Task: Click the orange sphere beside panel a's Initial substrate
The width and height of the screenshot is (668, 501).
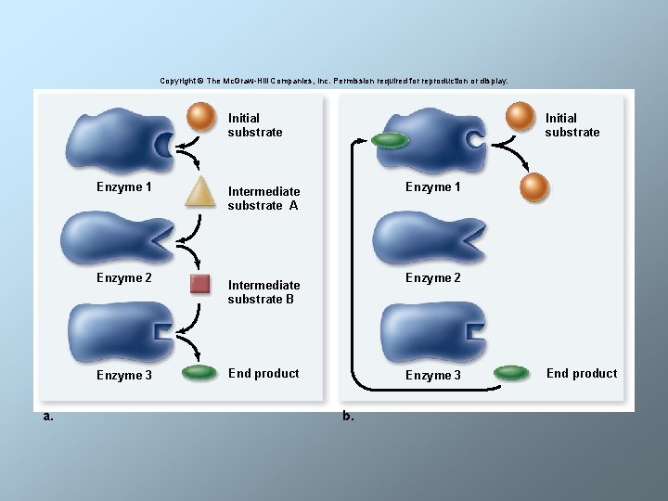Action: point(200,117)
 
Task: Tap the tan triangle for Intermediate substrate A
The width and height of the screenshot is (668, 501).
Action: point(199,193)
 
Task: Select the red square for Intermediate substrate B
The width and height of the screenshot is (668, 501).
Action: point(199,284)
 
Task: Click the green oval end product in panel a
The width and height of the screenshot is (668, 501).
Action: point(199,372)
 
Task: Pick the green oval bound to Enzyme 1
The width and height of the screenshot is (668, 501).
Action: point(390,140)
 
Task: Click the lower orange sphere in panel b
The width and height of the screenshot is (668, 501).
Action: point(534,187)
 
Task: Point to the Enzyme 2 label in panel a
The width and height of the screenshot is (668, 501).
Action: point(124,277)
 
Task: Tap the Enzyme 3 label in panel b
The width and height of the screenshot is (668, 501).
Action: point(433,375)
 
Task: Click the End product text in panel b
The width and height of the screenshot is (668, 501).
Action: point(582,374)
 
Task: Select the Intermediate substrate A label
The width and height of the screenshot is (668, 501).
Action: point(263,199)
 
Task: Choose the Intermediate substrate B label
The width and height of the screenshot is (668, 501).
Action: point(263,292)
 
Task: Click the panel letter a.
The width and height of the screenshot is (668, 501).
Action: point(48,417)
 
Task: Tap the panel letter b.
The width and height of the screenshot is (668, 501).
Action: point(348,416)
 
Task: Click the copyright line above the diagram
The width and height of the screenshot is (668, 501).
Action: point(334,81)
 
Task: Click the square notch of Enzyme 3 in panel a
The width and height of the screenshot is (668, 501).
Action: point(163,332)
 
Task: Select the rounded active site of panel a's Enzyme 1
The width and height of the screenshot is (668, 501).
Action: point(163,144)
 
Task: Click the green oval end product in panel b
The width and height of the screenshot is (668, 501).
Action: point(511,372)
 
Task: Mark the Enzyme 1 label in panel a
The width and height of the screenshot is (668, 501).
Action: point(124,187)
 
